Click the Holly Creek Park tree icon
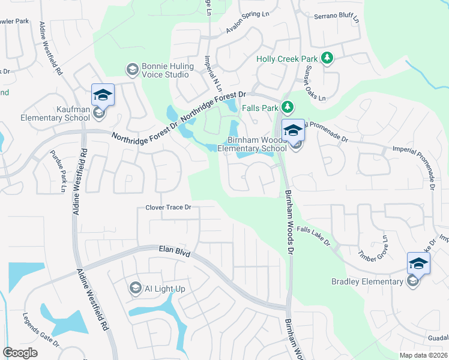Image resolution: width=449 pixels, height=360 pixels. pos(327,58)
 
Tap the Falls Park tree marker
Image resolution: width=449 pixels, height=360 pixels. pos(288,107)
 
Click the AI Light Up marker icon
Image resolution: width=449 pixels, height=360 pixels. pos(134,289)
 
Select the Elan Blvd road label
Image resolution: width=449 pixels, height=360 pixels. pos(174,251)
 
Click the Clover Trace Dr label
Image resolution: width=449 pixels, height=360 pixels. pos(168,208)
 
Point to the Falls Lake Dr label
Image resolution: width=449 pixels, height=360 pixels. pos(313,236)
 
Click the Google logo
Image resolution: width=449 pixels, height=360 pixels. pos(20,353)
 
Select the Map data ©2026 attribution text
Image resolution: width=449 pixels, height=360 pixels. pos(423,355)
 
